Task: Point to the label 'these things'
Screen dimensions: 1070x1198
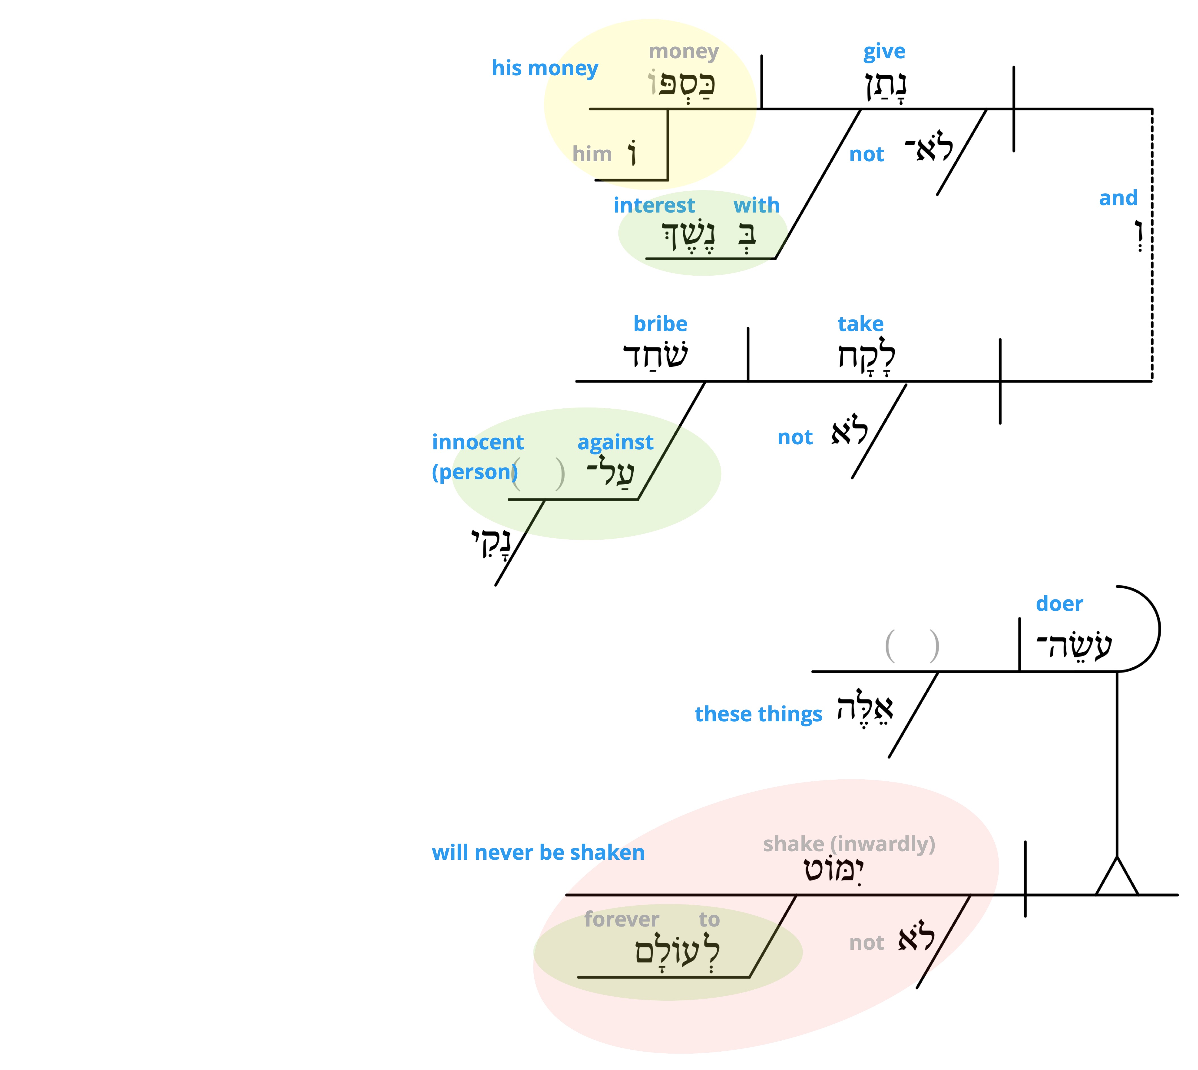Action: tap(758, 714)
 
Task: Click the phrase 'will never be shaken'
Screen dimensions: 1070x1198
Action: tap(538, 852)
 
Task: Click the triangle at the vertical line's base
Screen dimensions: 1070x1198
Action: tap(1117, 878)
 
